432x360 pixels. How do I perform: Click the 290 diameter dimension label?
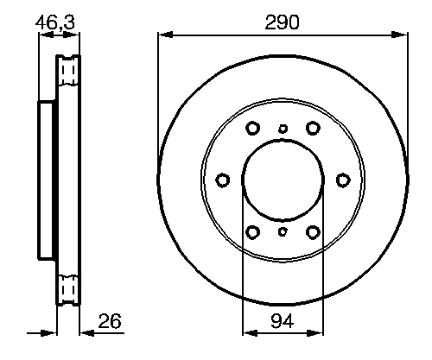(x=282, y=22)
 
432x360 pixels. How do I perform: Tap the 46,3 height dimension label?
(x=55, y=22)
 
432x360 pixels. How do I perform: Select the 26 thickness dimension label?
(x=110, y=320)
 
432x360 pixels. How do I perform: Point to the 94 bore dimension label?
(x=283, y=320)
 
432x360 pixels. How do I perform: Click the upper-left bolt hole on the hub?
(x=253, y=128)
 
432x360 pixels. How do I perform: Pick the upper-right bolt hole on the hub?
(x=313, y=128)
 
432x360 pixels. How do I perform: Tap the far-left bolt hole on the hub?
(x=223, y=180)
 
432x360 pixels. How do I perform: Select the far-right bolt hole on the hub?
(x=343, y=180)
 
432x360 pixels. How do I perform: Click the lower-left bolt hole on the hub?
(x=253, y=232)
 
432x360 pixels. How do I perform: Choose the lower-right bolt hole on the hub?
(x=313, y=232)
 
